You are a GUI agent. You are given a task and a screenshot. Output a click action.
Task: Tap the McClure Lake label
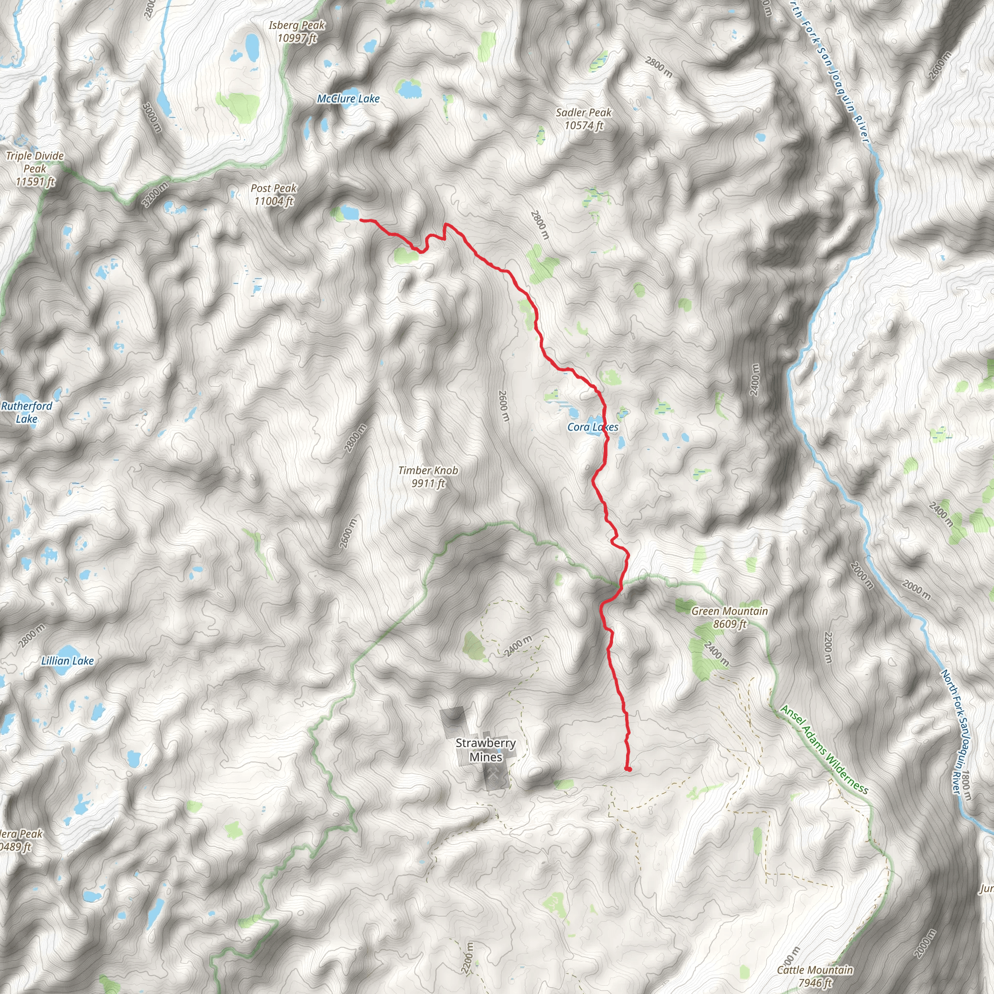click(348, 99)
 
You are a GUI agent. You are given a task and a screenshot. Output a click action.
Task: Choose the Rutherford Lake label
click(27, 412)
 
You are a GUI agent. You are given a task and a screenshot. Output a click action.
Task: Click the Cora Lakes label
click(593, 427)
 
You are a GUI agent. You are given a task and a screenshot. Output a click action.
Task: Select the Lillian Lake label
click(67, 661)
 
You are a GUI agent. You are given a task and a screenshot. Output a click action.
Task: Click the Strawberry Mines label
click(486, 750)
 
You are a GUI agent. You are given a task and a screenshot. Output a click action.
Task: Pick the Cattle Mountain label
click(815, 970)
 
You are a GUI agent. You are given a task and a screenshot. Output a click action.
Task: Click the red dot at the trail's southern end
click(628, 769)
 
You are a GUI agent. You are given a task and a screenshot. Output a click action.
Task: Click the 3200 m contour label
click(155, 195)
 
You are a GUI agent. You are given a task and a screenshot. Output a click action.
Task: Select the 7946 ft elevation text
click(815, 983)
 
